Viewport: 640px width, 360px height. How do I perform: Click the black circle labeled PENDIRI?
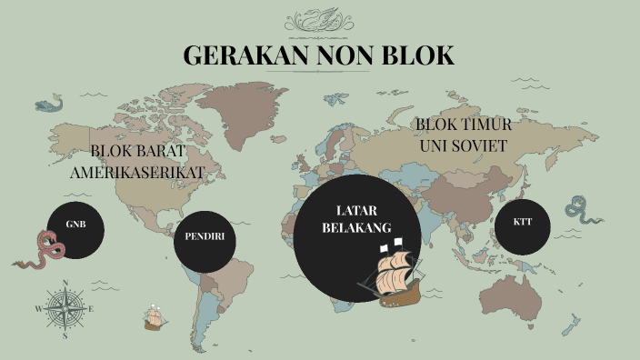pos(205,238)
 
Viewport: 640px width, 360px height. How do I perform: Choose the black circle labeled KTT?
pos(522,223)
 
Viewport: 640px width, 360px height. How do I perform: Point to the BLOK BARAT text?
pos(138,151)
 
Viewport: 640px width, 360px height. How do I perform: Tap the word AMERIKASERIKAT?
pos(138,171)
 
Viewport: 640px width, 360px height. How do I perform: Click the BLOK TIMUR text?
pos(464,125)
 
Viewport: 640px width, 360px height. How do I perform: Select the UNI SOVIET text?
pos(464,145)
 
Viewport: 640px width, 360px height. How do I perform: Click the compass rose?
pos(65,309)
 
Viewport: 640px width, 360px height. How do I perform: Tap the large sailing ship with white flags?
pos(391,273)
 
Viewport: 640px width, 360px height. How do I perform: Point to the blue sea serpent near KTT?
pos(582,211)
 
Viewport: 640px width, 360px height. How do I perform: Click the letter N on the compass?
pos(65,290)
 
